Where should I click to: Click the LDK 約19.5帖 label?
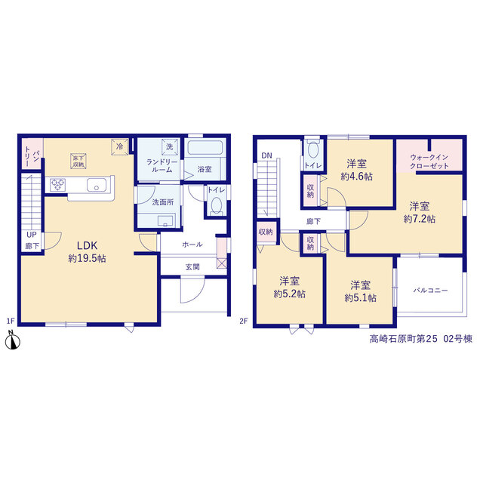[x=88, y=251]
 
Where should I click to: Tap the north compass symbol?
[x=13, y=340]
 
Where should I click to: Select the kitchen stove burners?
[x=58, y=185]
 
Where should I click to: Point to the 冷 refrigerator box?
[x=120, y=146]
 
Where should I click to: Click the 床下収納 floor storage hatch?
[x=78, y=161]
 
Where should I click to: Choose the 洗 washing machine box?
[x=170, y=146]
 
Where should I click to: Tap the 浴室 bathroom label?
[x=205, y=169]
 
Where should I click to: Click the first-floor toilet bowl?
[x=217, y=205]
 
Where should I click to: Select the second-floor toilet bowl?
[x=313, y=150]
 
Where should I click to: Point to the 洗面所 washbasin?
[x=165, y=220]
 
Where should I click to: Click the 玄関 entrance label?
[x=192, y=266]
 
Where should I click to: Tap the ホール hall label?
[x=192, y=245]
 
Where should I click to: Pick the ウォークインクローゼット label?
[x=429, y=162]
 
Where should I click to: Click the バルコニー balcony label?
[x=430, y=290]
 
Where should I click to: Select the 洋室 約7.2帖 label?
[x=420, y=213]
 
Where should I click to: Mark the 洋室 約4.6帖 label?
[x=357, y=170]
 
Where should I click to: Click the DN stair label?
[x=266, y=155]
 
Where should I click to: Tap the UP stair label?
[x=32, y=235]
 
